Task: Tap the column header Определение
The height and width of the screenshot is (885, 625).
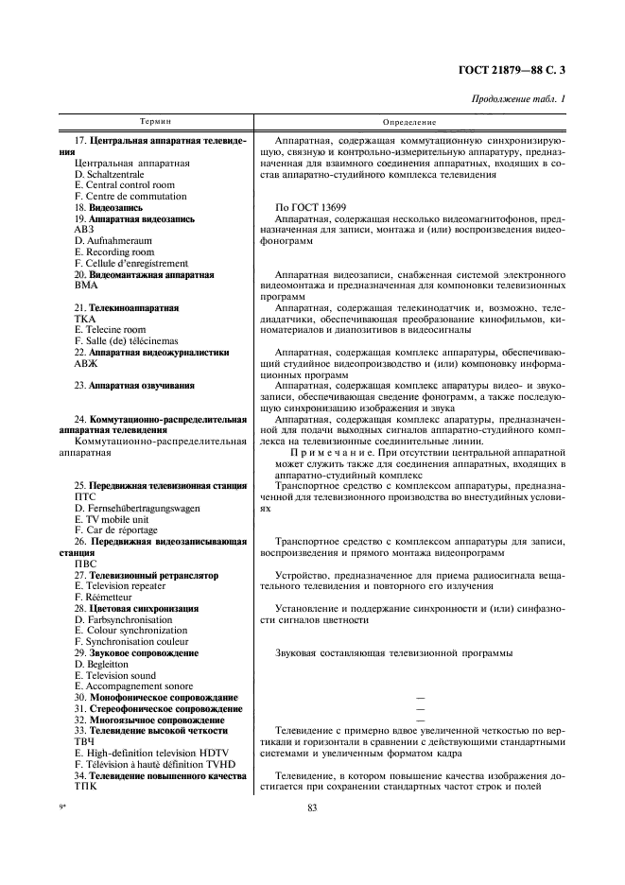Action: [409, 122]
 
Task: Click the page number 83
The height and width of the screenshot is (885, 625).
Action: [313, 807]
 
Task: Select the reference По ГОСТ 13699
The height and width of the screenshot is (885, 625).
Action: [310, 206]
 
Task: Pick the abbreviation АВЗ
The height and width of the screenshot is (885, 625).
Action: [85, 230]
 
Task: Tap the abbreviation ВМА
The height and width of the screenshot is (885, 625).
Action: [86, 286]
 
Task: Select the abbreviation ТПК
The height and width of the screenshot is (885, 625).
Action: [85, 787]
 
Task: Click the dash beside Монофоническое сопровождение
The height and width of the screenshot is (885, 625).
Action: [418, 698]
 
